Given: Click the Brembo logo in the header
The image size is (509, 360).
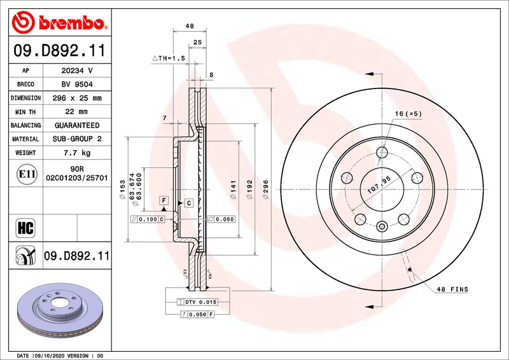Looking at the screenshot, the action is point(60,22).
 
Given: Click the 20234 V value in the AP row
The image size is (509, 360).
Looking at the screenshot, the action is point(77,71).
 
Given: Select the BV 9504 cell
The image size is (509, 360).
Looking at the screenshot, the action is point(77,85).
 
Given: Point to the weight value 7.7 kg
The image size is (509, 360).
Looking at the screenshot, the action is point(77,153).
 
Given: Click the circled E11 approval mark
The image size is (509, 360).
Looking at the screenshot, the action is point(27,174).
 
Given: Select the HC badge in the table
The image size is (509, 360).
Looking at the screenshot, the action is point(25,228).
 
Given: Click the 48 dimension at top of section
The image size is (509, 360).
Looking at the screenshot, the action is point(190,25).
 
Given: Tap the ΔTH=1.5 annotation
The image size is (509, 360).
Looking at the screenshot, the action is point(169,58).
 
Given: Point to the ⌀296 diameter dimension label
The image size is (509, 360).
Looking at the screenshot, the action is point(266,190).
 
